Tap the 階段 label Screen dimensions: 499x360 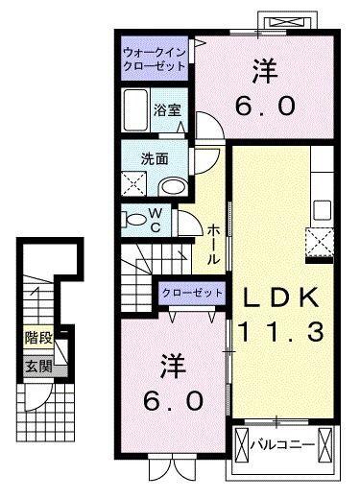pos(38,339)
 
